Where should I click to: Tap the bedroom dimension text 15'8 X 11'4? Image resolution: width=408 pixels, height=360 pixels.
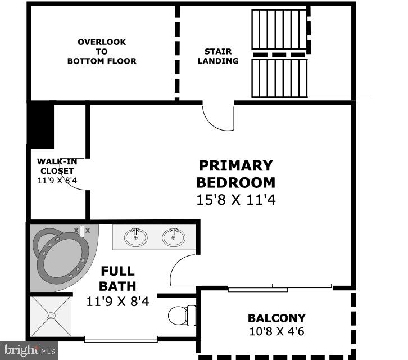click(x=235, y=200)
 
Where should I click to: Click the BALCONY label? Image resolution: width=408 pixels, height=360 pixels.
click(x=276, y=318)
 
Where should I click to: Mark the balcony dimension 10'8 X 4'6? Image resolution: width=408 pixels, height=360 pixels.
click(x=276, y=331)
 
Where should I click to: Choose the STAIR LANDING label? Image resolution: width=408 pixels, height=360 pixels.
click(x=217, y=56)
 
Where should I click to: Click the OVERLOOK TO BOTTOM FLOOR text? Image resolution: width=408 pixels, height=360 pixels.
click(x=102, y=51)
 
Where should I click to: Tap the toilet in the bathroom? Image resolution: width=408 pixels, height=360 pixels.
click(x=182, y=315)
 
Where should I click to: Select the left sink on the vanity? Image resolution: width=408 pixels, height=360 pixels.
click(x=135, y=237)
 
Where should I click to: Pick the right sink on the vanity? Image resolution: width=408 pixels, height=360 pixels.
click(x=173, y=237)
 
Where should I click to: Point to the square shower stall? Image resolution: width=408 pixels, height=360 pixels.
click(x=51, y=316)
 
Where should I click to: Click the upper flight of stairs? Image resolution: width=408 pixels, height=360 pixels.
click(x=279, y=30)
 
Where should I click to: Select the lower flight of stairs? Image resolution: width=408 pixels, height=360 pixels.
click(x=279, y=78)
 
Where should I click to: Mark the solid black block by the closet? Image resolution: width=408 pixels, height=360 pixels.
click(x=42, y=125)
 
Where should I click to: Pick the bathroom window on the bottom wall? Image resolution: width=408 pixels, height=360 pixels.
click(x=120, y=339)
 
